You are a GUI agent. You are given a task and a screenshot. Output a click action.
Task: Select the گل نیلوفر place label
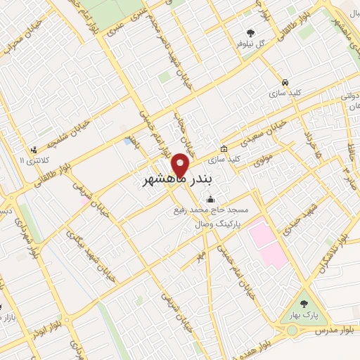coord(250,44)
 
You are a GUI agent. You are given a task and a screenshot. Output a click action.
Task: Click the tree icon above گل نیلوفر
coord(251,32)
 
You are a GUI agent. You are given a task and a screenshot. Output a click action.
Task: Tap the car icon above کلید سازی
coord(284,82)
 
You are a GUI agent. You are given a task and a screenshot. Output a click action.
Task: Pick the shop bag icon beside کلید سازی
coord(224,148)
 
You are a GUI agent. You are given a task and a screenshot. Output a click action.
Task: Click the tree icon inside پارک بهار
coord(303,304)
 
